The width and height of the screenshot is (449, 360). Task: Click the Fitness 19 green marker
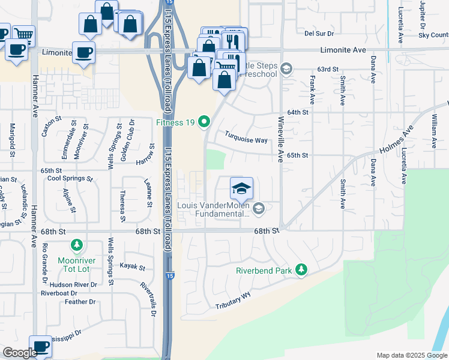coord(204,122)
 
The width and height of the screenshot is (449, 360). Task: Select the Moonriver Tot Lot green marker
coord(76,245)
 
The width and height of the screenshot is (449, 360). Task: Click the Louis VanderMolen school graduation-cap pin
coord(241,189)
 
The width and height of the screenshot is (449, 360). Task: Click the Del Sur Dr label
coord(319,34)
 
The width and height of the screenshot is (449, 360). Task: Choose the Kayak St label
coord(133,266)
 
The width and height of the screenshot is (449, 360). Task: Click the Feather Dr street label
coord(76,302)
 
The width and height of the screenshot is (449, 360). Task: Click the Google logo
coord(20,353)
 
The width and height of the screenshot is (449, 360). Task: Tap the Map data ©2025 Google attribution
coord(411,355)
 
